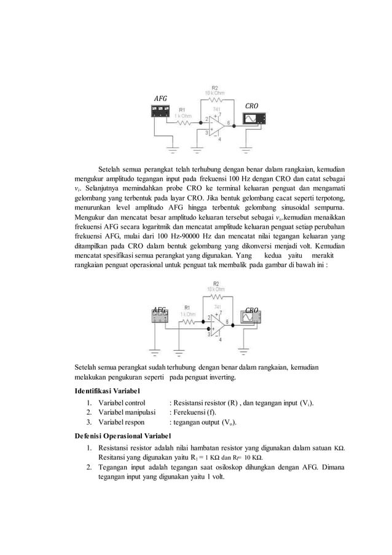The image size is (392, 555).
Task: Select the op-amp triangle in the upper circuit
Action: tap(216, 124)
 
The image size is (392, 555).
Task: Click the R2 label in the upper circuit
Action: tap(214, 87)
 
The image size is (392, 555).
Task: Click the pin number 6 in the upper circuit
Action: tap(229, 122)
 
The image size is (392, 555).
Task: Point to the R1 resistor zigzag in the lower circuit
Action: tap(187, 321)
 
